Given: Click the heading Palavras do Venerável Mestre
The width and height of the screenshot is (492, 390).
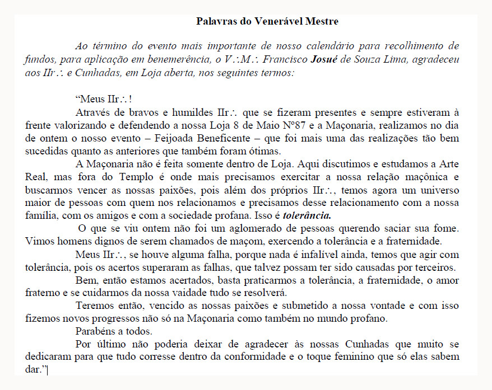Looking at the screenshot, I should (267, 22).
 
